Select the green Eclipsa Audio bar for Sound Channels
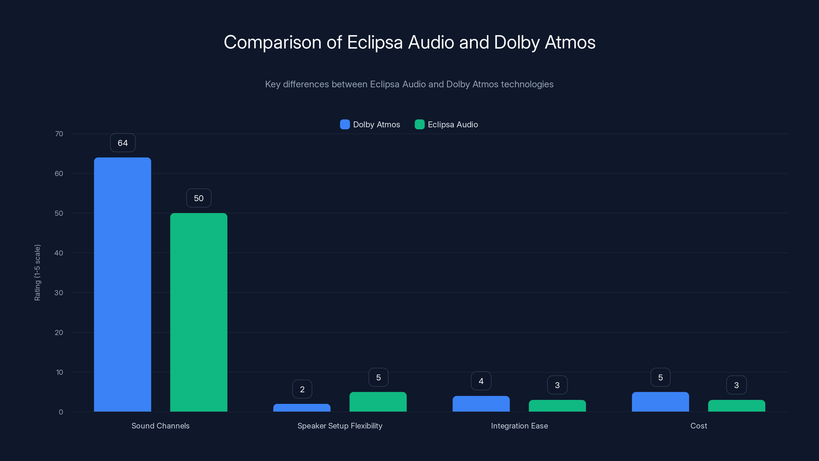[199, 312]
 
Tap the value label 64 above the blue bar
[123, 143]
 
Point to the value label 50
[199, 198]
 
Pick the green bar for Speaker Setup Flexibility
[378, 402]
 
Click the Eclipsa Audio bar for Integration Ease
[557, 406]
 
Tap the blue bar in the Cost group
[660, 402]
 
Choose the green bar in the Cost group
[737, 406]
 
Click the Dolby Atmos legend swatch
[345, 124]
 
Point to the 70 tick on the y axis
[59, 134]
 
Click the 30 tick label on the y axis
[59, 293]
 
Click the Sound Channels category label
[160, 426]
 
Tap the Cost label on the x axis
[698, 426]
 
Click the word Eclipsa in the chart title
[375, 42]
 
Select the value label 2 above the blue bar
[302, 389]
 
